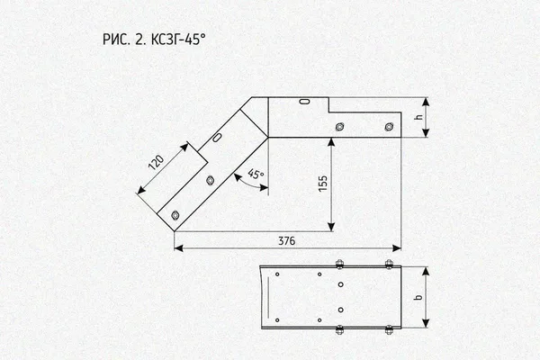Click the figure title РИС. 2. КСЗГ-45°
coord(154,40)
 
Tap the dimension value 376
coord(287,241)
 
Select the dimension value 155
coord(323,184)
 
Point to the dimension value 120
coord(156,163)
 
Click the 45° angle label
coord(256,174)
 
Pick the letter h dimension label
coord(418,117)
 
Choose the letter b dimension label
coord(418,297)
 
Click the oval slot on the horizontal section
coord(304,102)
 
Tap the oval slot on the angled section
coord(217,138)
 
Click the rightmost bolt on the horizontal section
coord(389,127)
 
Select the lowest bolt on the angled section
coord(175,216)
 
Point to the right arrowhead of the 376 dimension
coord(397,248)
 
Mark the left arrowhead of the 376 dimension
coord(178,248)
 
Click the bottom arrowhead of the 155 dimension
coord(331,227)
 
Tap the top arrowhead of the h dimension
coord(426,102)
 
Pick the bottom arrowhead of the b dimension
coord(426,323)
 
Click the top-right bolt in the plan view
coord(389,264)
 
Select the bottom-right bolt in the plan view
coord(389,329)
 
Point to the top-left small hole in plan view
coord(277,274)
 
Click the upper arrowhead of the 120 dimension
coord(184,147)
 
